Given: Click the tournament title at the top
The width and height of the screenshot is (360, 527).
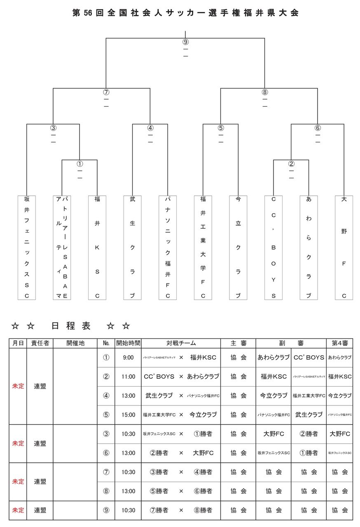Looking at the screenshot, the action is click(185, 13).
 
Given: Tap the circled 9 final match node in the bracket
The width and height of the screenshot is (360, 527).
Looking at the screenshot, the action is click(185, 42).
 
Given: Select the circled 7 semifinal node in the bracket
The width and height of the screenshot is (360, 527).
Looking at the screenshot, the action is click(106, 92).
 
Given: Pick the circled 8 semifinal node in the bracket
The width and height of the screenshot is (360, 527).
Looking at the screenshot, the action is click(265, 92).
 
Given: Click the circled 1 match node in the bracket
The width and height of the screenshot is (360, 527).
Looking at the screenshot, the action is click(79, 163).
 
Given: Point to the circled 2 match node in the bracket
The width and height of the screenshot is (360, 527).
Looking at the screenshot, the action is click(291, 163).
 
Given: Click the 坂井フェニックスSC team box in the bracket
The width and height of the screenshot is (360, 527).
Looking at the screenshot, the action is click(27, 247).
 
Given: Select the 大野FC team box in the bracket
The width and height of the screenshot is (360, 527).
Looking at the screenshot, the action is click(344, 247).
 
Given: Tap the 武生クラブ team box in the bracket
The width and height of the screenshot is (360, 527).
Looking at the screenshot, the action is click(133, 247).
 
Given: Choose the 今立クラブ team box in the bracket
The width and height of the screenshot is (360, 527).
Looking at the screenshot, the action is click(238, 247).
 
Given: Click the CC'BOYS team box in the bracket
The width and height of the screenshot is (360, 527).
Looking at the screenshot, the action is click(274, 247).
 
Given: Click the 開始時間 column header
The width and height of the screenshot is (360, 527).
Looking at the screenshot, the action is click(128, 343).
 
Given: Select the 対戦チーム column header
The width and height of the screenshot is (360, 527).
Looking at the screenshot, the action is click(181, 343).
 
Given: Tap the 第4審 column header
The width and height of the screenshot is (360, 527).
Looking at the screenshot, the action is click(340, 343).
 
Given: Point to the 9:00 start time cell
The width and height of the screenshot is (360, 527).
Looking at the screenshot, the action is click(128, 357).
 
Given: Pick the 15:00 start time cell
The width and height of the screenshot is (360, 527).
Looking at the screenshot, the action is click(128, 415).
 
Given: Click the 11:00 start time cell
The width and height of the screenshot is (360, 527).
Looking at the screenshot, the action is click(128, 376).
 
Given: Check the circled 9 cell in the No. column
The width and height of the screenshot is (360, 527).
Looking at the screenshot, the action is click(106, 510).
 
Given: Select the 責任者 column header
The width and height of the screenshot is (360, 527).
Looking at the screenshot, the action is click(40, 343).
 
